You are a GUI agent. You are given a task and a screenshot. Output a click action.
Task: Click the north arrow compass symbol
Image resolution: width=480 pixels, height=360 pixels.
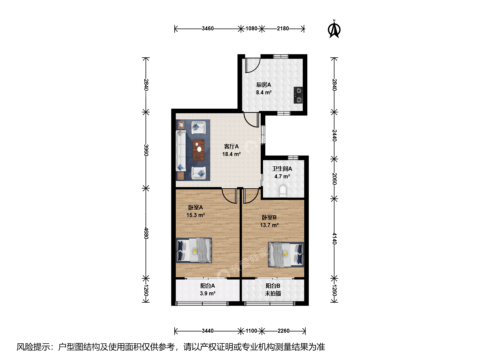pyautogui.click(x=334, y=29)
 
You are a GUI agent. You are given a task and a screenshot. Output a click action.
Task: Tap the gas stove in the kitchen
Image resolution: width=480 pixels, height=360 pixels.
pyautogui.click(x=298, y=95)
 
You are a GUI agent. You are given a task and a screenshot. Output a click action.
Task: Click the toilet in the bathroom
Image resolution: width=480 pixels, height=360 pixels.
pyautogui.click(x=283, y=191)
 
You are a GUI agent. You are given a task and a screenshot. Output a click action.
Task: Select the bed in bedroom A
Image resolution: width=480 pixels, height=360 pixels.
pyautogui.click(x=194, y=250)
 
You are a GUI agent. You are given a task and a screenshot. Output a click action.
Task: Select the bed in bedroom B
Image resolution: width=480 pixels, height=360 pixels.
pyautogui.click(x=286, y=254)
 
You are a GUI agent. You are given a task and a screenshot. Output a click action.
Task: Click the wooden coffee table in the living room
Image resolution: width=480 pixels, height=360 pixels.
pyautogui.click(x=199, y=150)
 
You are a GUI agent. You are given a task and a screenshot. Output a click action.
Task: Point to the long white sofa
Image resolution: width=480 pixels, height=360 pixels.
pyautogui.click(x=181, y=151)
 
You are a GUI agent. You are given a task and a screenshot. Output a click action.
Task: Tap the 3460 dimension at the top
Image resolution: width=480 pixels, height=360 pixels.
pyautogui.click(x=208, y=29)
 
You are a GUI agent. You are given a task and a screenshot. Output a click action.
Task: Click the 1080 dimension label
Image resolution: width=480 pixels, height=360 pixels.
pyautogui.click(x=251, y=29)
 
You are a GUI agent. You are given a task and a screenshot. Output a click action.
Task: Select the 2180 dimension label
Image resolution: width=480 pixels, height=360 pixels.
pyautogui.click(x=283, y=29)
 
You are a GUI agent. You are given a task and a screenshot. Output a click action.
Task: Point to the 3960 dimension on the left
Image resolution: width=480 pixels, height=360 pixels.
pyautogui.click(x=146, y=150)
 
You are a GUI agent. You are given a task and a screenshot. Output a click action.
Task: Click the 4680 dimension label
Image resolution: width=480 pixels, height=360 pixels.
pyautogui.click(x=146, y=233)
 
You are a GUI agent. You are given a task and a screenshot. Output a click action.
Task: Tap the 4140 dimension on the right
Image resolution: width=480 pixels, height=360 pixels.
pyautogui.click(x=334, y=238)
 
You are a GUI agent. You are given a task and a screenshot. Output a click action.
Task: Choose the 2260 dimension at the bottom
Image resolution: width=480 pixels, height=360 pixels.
pyautogui.click(x=283, y=331)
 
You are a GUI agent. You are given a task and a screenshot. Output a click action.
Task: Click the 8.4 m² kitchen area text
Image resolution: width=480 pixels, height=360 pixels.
pyautogui.click(x=264, y=92)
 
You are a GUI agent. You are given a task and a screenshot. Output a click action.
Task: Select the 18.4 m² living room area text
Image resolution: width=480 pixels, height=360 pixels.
pyautogui.click(x=231, y=154)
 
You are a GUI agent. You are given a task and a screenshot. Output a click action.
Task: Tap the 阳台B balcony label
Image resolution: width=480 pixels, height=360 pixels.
pyautogui.click(x=273, y=286)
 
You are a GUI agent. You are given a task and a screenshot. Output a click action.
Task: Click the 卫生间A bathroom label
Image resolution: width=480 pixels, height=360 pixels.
pyautogui.click(x=282, y=169)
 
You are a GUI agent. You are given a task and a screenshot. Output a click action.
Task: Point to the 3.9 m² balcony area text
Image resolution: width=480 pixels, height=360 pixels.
pyautogui.click(x=208, y=293)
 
